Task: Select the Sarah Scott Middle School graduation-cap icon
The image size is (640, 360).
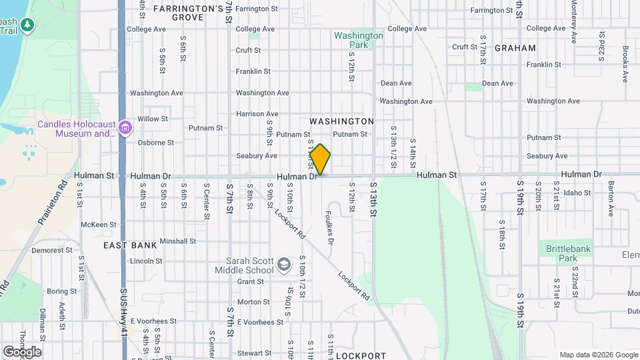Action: click(284, 265)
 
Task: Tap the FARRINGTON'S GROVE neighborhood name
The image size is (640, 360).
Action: click(188, 13)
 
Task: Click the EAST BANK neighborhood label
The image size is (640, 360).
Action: click(131, 245)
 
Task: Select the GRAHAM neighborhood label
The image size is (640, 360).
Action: click(515, 48)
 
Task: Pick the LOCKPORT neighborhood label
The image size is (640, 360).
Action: click(361, 356)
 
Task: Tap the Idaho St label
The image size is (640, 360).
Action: click(577, 193)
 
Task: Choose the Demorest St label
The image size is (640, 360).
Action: click(54, 251)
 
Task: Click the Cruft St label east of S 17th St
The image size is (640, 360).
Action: click(465, 47)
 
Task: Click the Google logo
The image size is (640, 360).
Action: click(23, 352)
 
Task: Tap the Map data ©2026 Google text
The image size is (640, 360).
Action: click(599, 355)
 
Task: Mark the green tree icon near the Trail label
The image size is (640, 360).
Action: click(27, 25)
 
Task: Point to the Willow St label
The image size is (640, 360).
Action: click(153, 119)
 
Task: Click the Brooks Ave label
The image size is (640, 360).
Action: click(625, 64)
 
